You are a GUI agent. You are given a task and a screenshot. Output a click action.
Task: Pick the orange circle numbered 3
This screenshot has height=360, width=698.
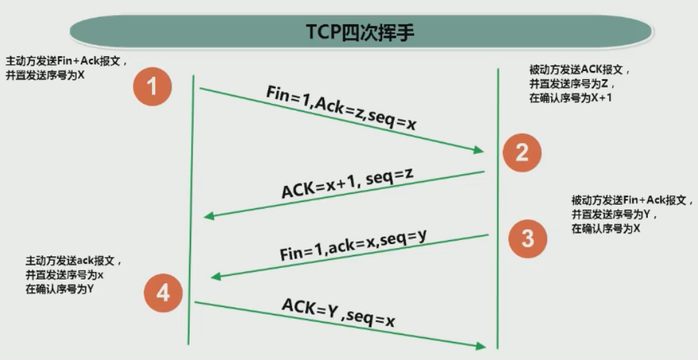(x=527, y=238)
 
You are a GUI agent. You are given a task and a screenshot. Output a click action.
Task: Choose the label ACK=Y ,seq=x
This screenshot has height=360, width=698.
(x=338, y=314)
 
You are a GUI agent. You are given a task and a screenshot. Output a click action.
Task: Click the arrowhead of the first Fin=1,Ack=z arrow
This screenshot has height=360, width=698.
(x=479, y=151)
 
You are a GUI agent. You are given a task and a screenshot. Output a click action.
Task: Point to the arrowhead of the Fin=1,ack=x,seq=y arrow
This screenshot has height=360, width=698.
(x=215, y=276)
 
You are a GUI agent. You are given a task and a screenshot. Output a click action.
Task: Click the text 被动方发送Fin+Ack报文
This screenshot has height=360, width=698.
(x=632, y=201)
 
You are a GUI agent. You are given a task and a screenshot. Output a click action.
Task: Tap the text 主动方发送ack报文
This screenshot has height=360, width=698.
(x=75, y=260)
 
